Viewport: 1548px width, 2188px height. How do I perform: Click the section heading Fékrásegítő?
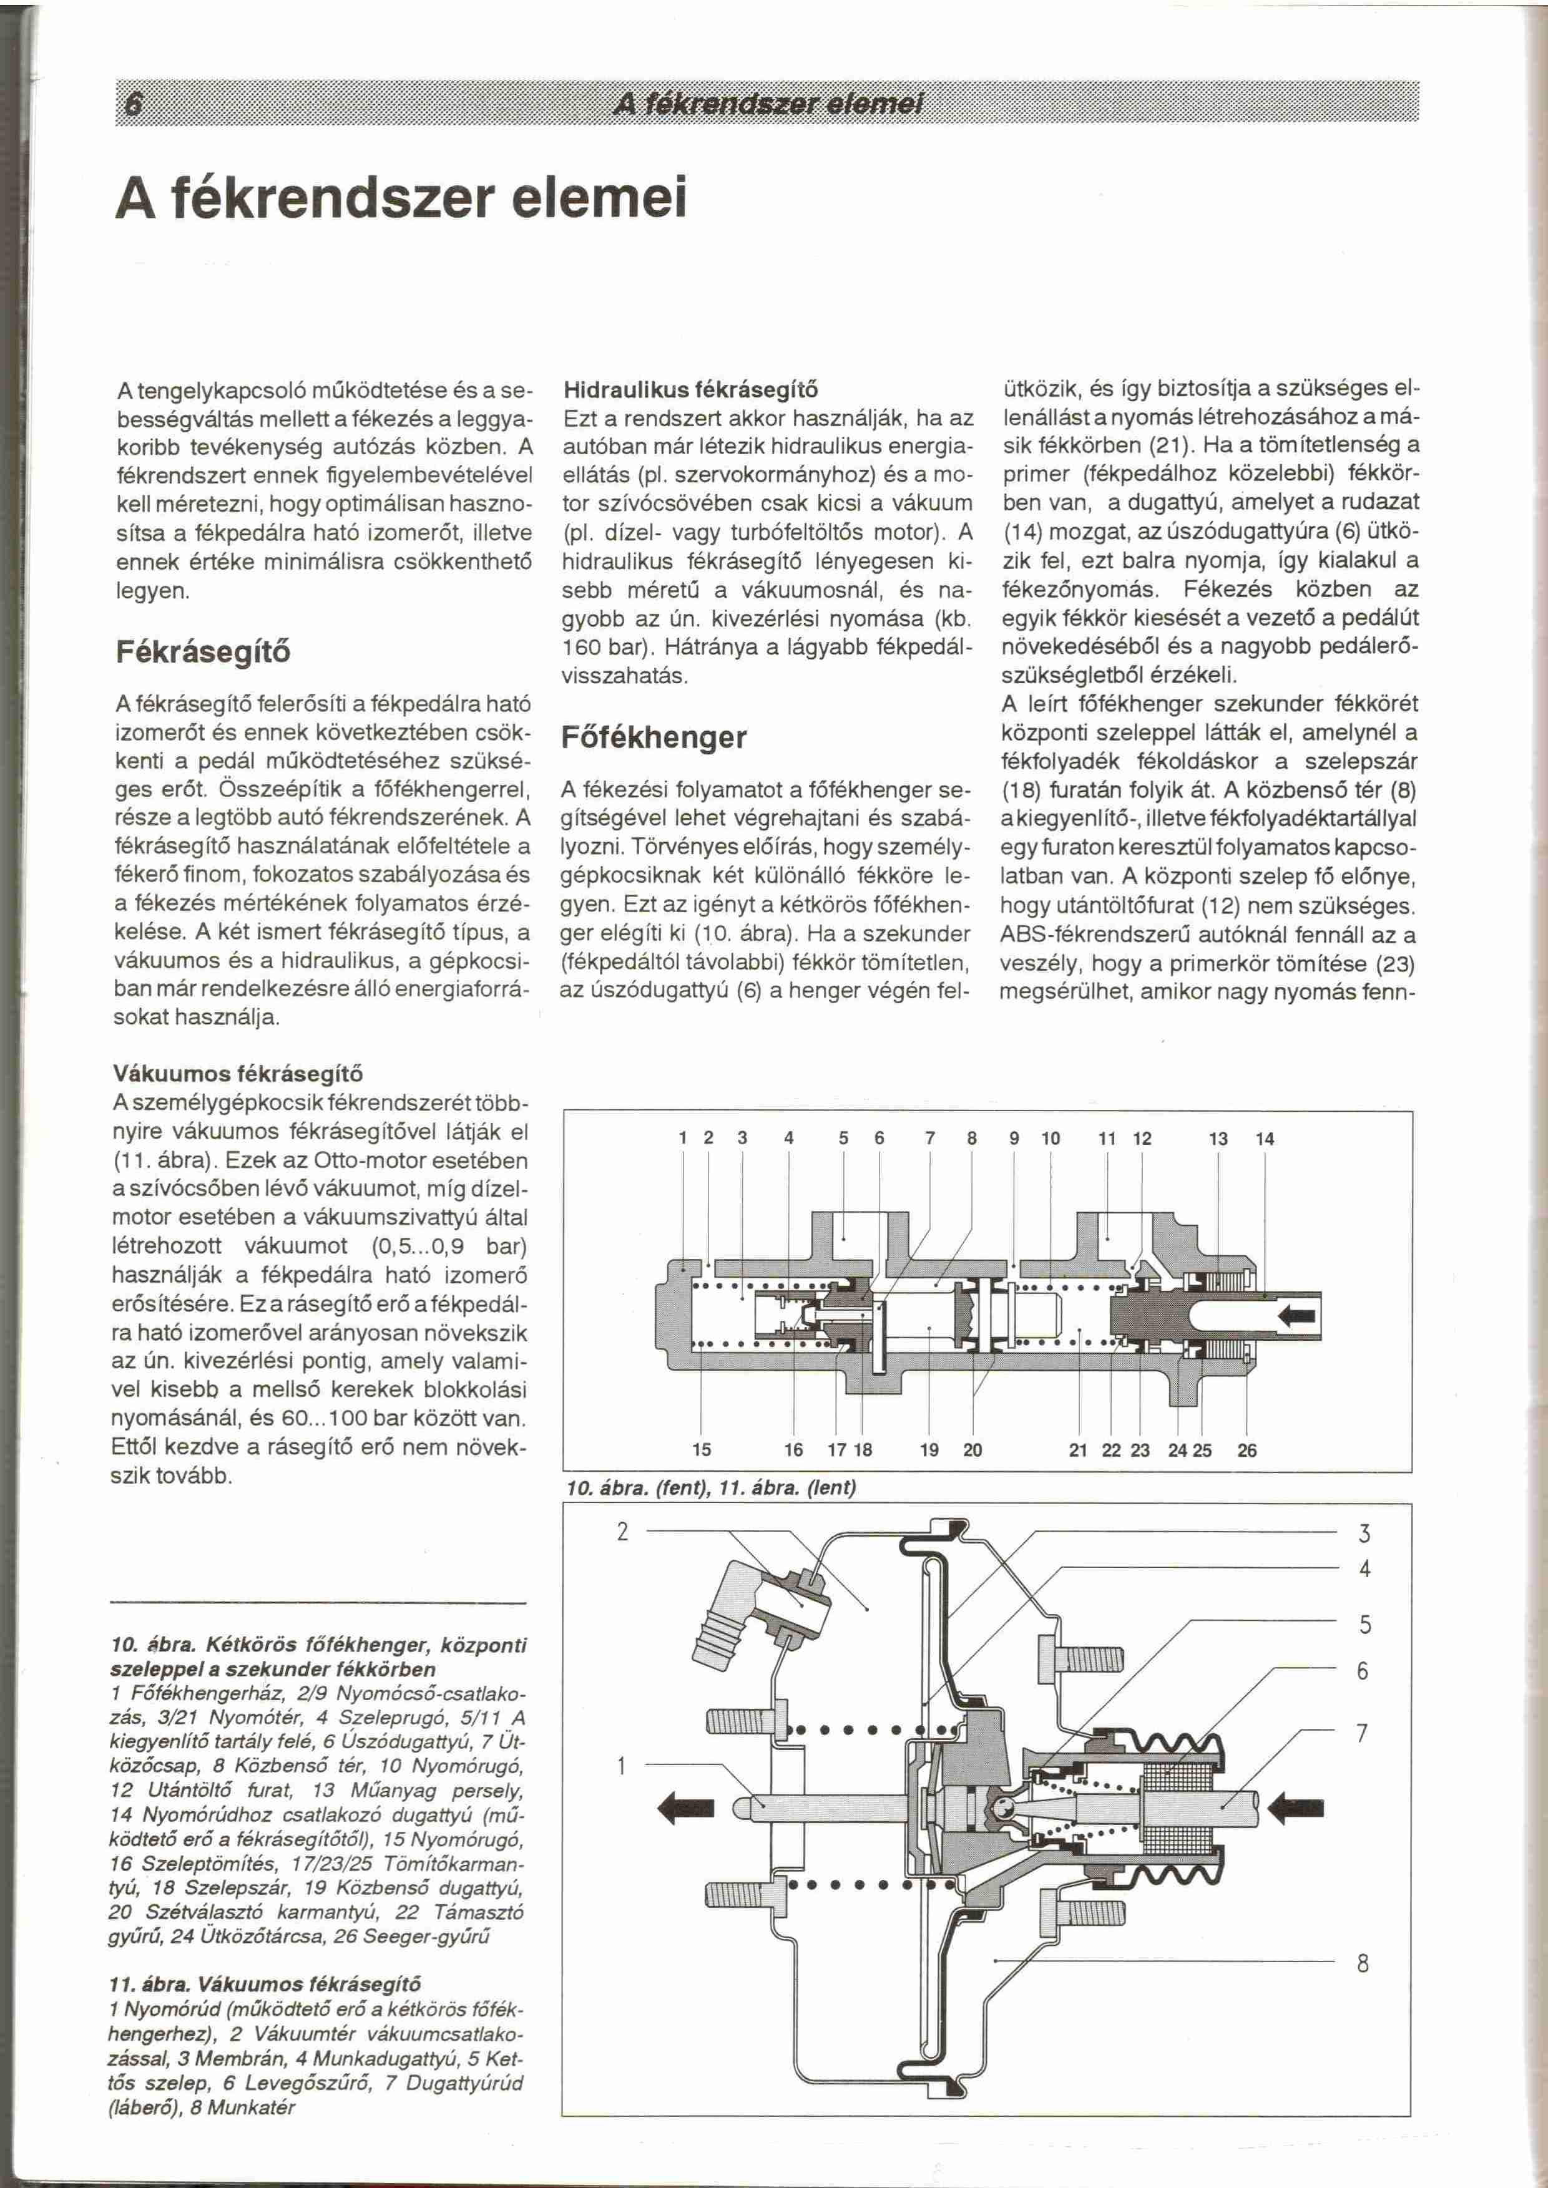pos(202,653)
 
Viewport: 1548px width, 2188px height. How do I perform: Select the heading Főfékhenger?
pos(654,737)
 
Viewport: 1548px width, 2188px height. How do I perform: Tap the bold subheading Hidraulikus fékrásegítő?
pos(690,390)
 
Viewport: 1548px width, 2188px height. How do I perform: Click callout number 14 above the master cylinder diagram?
pos(1265,1139)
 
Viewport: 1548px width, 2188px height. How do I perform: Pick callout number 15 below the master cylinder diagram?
pos(702,1451)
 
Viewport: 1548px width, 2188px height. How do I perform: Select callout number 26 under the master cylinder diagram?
pos(1247,1451)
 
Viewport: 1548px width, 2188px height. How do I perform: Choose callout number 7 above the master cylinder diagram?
pos(929,1139)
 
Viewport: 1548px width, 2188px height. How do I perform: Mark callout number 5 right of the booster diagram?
pos(1364,1624)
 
